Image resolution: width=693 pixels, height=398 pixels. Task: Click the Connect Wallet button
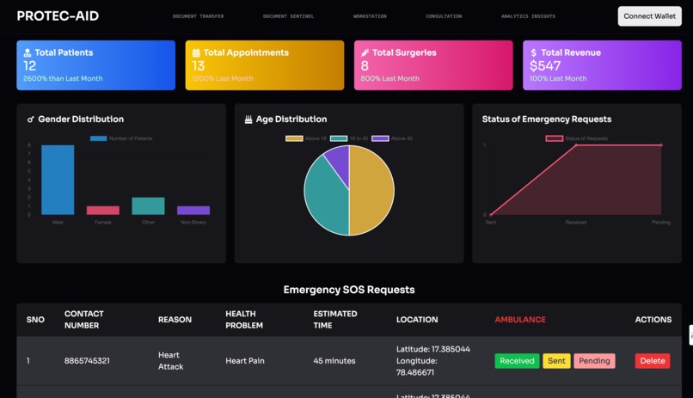point(649,16)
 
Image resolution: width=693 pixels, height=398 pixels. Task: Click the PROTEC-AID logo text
point(58,16)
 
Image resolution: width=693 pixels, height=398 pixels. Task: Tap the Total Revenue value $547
point(545,65)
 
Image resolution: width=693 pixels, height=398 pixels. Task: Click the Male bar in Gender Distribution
point(58,180)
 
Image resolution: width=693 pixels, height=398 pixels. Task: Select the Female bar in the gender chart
point(103,210)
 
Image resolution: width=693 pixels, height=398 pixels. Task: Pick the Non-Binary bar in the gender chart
point(193,210)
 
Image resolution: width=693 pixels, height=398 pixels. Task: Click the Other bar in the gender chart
point(148,205)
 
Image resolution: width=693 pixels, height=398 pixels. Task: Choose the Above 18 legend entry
point(306,138)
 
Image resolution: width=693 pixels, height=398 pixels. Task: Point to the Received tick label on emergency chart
point(575,222)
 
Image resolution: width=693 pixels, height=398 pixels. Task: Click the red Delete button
point(652,361)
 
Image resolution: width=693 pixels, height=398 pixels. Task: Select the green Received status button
point(517,361)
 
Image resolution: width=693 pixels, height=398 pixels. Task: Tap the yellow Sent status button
point(556,361)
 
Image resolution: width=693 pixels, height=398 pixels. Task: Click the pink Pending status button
point(594,361)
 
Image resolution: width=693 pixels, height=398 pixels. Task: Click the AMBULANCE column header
point(519,320)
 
